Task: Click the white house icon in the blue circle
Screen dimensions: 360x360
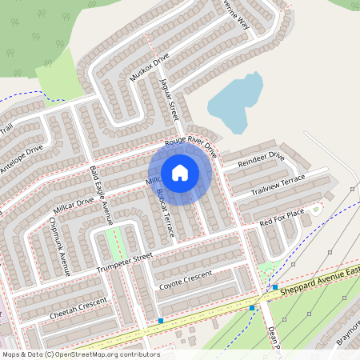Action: coord(180,172)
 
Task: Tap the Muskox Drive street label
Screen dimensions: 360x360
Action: coord(150,68)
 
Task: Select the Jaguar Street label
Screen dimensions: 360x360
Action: coord(170,100)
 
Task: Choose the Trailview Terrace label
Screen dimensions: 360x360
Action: coord(278,186)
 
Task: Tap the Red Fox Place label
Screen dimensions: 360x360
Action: coord(282,216)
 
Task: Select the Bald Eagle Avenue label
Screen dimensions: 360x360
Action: coord(102,195)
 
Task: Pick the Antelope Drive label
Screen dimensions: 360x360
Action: coord(22,160)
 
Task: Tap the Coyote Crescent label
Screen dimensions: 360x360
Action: coord(186,279)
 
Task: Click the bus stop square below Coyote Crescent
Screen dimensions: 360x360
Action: coord(161,321)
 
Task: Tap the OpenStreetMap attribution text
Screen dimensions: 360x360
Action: coord(80,354)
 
